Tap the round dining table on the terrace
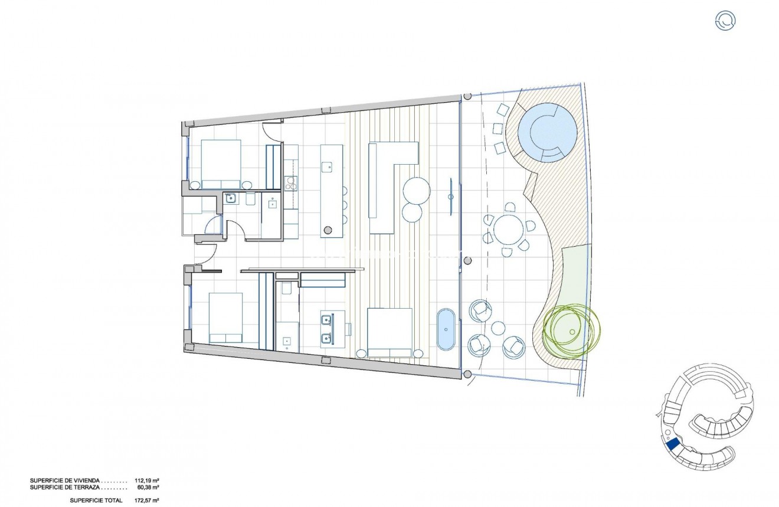click(509, 230)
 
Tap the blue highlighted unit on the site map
click(672, 444)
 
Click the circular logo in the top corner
click(725, 21)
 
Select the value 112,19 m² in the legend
click(146, 480)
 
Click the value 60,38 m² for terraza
click(147, 488)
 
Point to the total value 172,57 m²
click(146, 501)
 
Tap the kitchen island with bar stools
click(332, 190)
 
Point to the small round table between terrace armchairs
click(498, 328)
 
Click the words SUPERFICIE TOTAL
click(96, 501)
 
